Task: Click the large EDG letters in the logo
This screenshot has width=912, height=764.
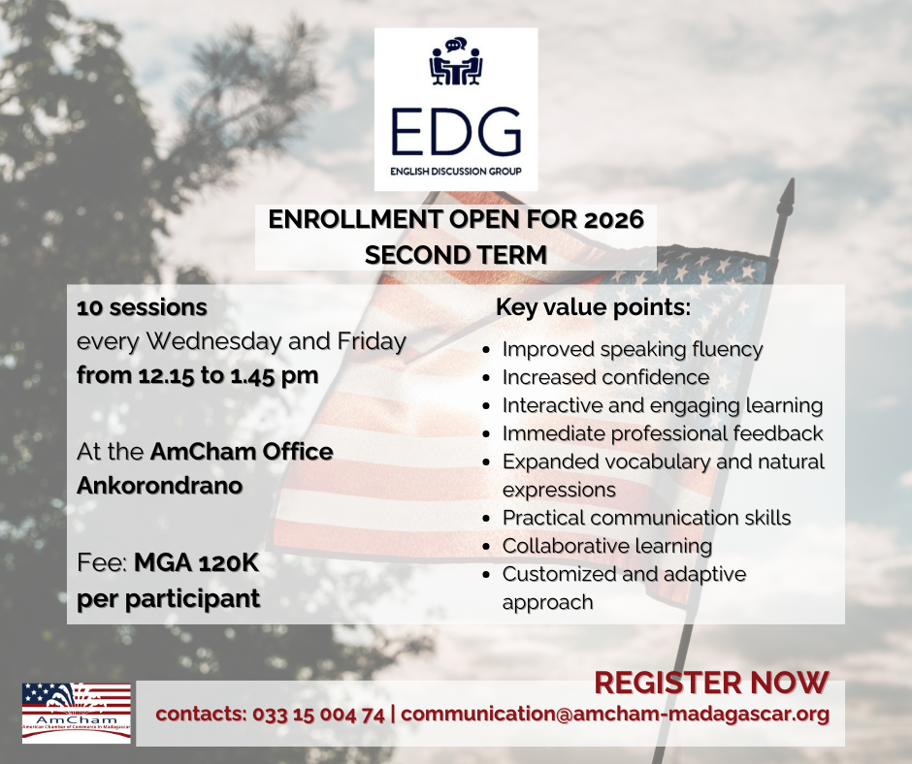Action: pyautogui.click(x=456, y=131)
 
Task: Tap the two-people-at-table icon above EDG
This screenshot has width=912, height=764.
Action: pyautogui.click(x=456, y=62)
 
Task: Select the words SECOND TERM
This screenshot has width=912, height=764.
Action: pyautogui.click(x=456, y=255)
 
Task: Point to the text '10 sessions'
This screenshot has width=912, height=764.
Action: pyautogui.click(x=142, y=307)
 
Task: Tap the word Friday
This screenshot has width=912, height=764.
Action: pyautogui.click(x=372, y=341)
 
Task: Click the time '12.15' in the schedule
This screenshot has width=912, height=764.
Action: pyautogui.click(x=166, y=375)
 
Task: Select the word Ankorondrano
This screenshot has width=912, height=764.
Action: pyautogui.click(x=159, y=486)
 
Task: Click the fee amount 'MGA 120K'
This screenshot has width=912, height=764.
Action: pyautogui.click(x=197, y=563)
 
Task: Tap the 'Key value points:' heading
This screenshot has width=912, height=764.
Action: pyautogui.click(x=593, y=307)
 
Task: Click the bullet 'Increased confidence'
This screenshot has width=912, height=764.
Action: pyautogui.click(x=605, y=377)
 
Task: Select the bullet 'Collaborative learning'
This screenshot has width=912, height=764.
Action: pyautogui.click(x=607, y=546)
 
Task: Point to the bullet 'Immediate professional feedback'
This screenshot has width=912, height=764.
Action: pyautogui.click(x=663, y=433)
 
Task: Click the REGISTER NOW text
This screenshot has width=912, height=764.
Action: pyautogui.click(x=711, y=683)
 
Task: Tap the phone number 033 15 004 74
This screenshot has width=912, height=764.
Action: pyautogui.click(x=319, y=714)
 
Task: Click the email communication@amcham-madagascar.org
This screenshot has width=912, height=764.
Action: pyautogui.click(x=615, y=714)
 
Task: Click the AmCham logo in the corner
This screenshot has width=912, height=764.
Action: pyautogui.click(x=77, y=713)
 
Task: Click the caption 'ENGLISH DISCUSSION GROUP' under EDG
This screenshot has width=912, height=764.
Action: pyautogui.click(x=456, y=171)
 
